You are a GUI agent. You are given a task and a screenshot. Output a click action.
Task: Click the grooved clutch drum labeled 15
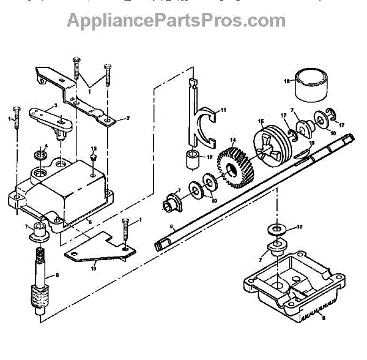[x=270, y=144]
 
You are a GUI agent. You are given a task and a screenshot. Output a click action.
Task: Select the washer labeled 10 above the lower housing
[x=274, y=229]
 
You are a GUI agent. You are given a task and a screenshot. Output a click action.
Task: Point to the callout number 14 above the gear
[x=232, y=140]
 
